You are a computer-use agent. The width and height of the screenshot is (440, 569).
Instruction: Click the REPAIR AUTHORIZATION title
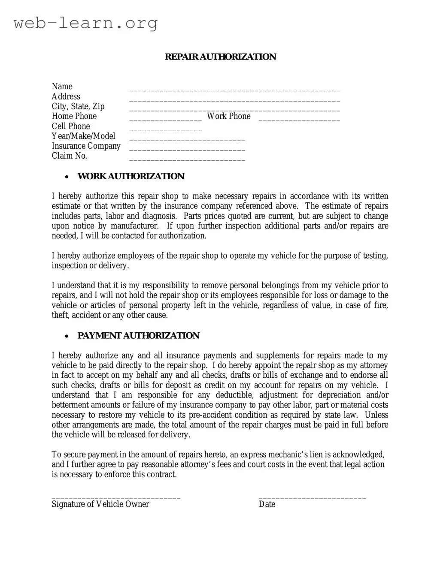pos(220,57)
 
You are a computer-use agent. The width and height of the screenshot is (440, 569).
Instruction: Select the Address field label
pos(66,96)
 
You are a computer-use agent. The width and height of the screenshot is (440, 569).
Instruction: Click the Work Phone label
pos(228,116)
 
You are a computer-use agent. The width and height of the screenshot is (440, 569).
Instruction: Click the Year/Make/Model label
pos(83,136)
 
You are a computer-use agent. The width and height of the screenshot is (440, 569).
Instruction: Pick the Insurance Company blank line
pos(187,150)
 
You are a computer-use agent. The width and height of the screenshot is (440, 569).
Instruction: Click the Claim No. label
pos(70,156)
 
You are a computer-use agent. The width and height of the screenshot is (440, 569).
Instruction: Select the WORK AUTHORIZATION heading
pos(130,176)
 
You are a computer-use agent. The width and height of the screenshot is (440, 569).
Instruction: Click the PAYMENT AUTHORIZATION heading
pos(138,335)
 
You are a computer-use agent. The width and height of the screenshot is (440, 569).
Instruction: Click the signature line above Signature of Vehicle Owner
pos(116,498)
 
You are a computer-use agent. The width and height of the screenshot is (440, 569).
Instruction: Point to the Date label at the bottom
pos(267,504)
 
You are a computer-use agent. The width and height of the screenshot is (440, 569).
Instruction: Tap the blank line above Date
pos(312,498)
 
